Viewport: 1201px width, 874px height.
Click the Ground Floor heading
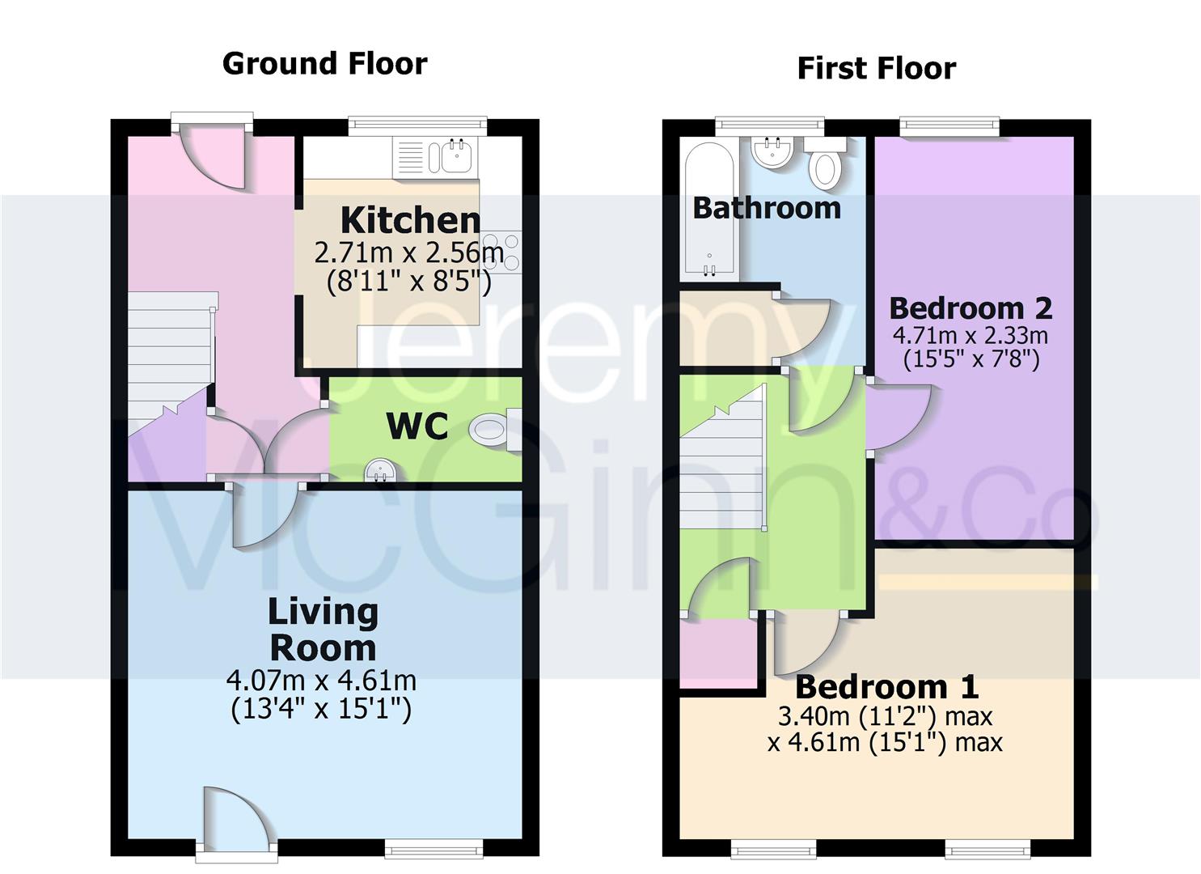pos(324,63)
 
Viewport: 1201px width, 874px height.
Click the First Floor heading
pos(876,68)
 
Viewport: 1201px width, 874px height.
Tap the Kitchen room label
pos(410,219)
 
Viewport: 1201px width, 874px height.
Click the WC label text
pos(417,426)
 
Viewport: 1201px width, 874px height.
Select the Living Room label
pos(323,630)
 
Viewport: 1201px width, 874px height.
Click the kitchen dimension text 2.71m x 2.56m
pos(408,253)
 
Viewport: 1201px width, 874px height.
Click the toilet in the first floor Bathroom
pos(826,163)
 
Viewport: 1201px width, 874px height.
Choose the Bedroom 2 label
pos(971,308)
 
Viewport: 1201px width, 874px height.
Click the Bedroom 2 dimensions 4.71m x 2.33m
pos(971,335)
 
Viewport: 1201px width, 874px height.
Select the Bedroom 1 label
pos(886,687)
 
